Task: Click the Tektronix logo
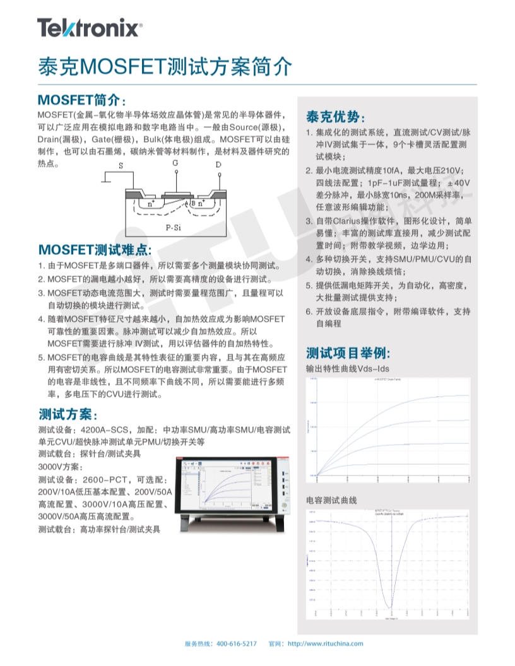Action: [x=89, y=28]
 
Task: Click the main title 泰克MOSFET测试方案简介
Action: [x=165, y=66]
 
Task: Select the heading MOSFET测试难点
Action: [x=95, y=249]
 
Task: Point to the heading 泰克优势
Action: [x=335, y=117]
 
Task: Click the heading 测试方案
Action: [x=68, y=414]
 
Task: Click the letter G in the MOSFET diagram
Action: [x=175, y=163]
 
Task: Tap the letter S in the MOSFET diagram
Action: [x=121, y=166]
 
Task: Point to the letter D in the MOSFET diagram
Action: [x=218, y=165]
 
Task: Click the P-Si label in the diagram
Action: [x=174, y=226]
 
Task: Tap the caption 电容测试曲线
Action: [x=331, y=500]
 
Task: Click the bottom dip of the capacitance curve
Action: [x=391, y=606]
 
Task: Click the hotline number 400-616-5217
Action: [x=237, y=643]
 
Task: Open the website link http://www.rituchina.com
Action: [x=326, y=643]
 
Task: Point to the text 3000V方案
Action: [x=60, y=467]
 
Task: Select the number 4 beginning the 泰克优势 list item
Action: [x=309, y=259]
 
